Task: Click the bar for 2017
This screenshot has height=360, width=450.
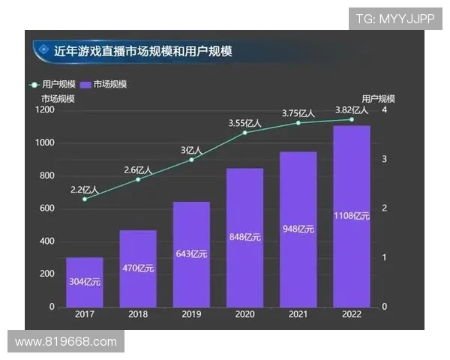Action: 85,281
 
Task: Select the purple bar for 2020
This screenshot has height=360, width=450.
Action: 245,237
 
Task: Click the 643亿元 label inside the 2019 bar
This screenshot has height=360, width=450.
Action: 192,256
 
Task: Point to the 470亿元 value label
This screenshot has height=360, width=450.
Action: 138,268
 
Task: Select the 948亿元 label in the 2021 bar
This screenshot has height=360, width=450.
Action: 298,229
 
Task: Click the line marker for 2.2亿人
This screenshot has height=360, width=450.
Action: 85,199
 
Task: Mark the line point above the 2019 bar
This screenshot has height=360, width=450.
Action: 192,160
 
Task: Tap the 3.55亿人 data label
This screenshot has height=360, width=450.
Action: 244,123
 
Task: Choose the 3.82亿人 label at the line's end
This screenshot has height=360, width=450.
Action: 351,109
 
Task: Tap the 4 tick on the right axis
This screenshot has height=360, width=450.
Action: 384,110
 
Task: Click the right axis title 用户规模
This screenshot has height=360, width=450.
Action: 378,98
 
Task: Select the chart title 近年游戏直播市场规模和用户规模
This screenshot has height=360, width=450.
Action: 143,51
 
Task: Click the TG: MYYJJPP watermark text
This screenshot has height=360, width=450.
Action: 394,19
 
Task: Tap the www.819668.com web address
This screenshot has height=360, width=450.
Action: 66,342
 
